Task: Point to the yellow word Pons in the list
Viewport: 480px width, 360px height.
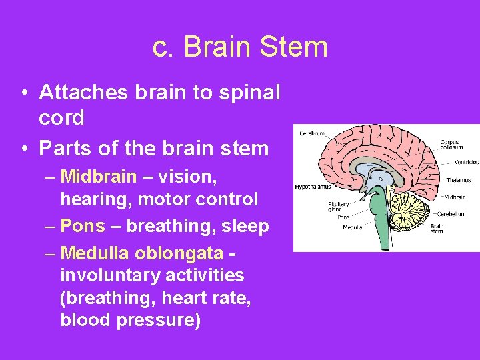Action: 83,226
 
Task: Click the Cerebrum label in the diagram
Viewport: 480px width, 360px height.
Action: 312,133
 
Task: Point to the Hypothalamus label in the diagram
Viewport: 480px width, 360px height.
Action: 313,187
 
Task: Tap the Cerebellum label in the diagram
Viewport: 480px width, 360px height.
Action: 451,214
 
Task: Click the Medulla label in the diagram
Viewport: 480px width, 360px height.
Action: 352,227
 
